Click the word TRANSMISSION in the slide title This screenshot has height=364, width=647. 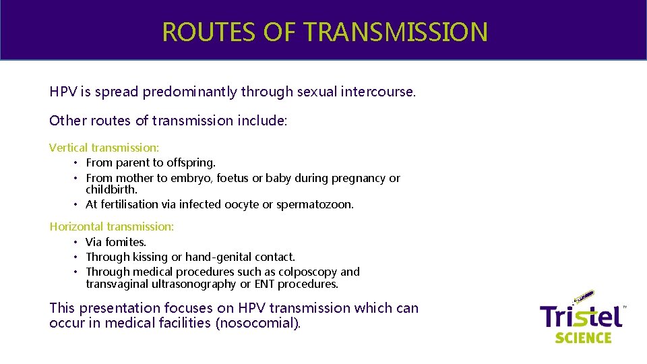coord(395,32)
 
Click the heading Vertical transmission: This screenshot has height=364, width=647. coord(104,148)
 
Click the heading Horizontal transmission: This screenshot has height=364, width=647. coord(112,226)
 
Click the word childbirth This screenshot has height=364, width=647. coord(111,190)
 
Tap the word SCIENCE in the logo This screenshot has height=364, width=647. coord(583,337)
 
